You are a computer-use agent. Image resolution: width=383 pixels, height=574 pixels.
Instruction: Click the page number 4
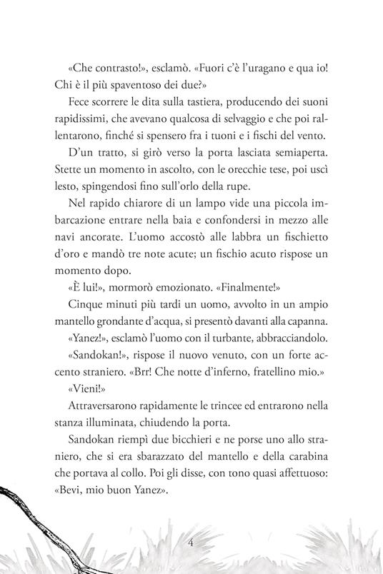pos(191,543)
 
